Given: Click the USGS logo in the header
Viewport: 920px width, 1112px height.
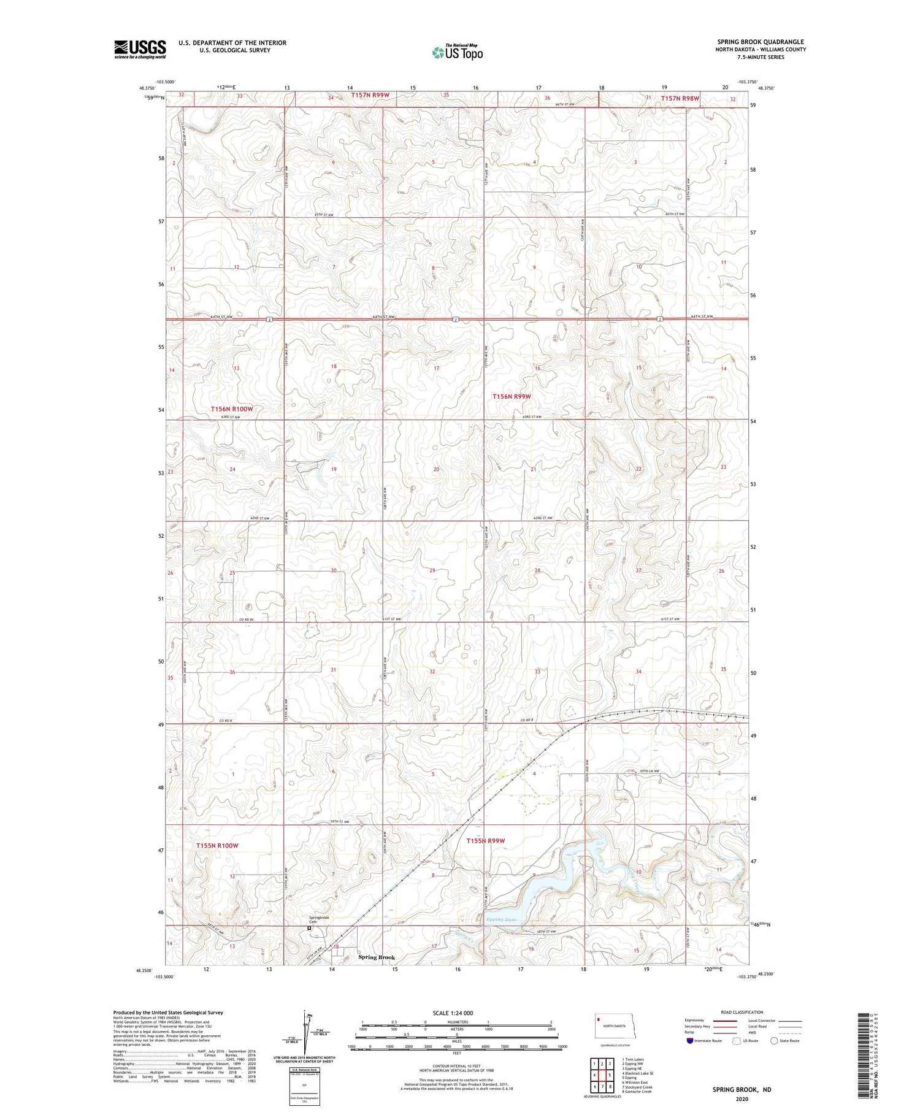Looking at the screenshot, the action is click(x=140, y=49).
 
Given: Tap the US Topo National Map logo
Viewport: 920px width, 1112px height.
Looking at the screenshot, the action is click(x=457, y=52).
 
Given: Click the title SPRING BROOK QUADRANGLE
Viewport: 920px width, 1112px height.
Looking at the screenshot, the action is click(x=760, y=42).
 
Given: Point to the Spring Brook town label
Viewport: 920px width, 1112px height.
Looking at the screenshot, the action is click(x=377, y=957).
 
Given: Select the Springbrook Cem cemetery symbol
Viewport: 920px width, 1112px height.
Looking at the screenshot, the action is click(x=309, y=927).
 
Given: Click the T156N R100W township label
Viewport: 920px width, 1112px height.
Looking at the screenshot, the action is click(x=232, y=408).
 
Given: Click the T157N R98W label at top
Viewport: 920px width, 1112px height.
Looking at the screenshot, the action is click(x=680, y=98).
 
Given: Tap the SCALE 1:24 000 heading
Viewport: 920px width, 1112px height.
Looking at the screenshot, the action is click(x=457, y=1013).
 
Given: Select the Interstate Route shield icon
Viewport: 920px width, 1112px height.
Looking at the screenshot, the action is click(x=690, y=1041).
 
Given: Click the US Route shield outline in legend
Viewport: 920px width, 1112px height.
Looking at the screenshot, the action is click(x=737, y=1041).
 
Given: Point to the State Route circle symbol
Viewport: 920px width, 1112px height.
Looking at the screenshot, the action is click(x=774, y=1041).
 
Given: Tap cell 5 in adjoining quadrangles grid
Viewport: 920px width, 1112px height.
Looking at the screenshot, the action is click(x=610, y=1076).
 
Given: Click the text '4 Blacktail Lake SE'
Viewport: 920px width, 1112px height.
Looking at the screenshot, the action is click(x=638, y=1073).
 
